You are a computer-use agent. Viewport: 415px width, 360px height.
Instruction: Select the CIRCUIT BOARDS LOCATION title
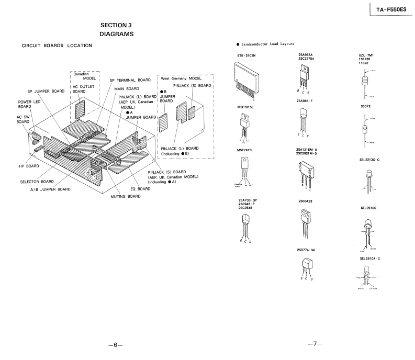57,46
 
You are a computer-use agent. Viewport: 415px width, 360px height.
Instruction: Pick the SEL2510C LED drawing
369,228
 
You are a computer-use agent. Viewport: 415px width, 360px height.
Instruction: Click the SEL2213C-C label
368,159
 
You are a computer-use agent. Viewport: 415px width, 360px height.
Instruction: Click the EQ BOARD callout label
140,188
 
